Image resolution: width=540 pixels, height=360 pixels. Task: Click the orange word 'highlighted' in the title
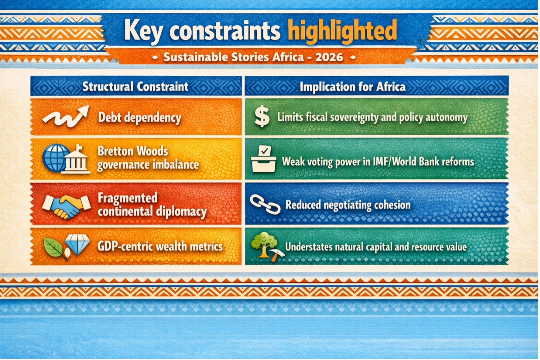(x=342, y=31)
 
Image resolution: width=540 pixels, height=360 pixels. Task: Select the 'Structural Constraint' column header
(x=135, y=86)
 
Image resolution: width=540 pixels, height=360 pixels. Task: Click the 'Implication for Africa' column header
(x=352, y=87)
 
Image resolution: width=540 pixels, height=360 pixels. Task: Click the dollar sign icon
(x=262, y=117)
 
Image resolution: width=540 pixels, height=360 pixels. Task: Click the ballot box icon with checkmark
(x=263, y=159)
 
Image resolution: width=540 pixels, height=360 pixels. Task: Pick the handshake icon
(x=66, y=206)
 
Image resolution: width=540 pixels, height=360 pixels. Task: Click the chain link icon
(x=265, y=204)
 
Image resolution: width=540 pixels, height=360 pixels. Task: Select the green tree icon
(x=264, y=244)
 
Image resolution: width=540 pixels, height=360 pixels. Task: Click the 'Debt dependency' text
(x=140, y=118)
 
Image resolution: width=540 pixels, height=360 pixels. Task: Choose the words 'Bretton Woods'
(x=133, y=151)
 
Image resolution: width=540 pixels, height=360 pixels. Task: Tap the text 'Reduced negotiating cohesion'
(x=348, y=205)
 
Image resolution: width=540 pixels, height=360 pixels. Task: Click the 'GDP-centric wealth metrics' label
(x=160, y=247)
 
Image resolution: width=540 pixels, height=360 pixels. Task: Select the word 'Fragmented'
(x=128, y=198)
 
